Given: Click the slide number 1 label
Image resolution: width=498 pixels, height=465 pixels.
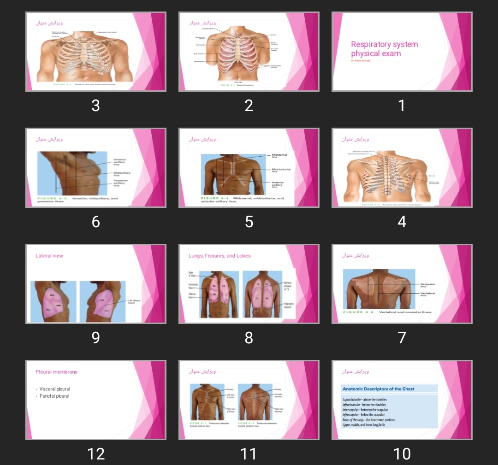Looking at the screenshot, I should (x=402, y=106).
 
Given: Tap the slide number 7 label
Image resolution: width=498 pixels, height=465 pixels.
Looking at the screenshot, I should (x=402, y=338).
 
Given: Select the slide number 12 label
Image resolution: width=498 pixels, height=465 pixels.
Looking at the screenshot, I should (x=96, y=454).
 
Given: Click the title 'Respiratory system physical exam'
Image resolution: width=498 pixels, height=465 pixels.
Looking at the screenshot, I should (x=384, y=49).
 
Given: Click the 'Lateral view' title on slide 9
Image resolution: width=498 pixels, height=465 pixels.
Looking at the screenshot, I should (x=49, y=256).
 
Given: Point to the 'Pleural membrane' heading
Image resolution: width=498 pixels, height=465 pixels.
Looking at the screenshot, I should (x=56, y=372).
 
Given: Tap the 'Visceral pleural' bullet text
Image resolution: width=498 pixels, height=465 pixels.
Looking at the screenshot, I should (x=54, y=389).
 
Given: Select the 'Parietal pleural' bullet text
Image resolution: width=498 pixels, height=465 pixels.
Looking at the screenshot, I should (x=54, y=396).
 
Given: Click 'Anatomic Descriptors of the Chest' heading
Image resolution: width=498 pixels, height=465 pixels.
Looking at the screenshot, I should (x=378, y=389).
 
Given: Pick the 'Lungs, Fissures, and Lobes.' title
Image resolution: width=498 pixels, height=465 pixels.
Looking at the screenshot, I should (x=220, y=256).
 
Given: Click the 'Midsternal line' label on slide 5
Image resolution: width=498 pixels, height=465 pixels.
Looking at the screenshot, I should (x=279, y=156).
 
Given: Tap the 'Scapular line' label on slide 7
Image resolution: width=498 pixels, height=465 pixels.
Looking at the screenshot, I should (x=427, y=285).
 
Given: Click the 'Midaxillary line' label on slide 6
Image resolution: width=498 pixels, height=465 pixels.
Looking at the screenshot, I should (x=122, y=174).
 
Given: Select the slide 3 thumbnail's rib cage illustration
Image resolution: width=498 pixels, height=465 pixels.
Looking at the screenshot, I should (x=84, y=58).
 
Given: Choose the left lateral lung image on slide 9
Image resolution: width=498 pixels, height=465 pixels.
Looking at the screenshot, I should (x=102, y=301).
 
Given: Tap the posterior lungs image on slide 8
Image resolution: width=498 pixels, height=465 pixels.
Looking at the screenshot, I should (x=262, y=294).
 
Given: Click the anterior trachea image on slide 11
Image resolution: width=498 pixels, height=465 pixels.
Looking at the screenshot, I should (x=206, y=401).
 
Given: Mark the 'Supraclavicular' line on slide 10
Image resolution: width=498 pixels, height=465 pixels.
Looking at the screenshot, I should (x=364, y=400).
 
